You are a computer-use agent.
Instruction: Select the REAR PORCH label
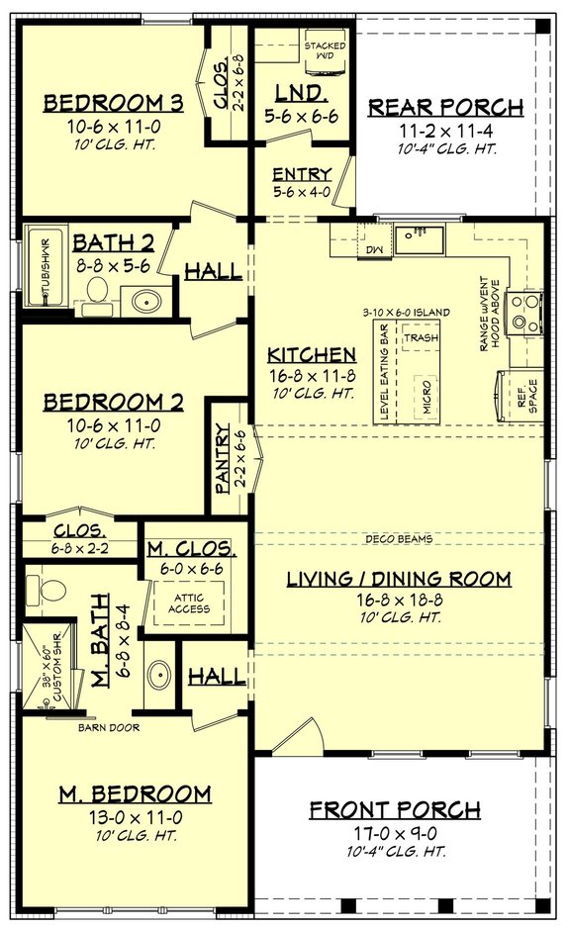(x=445, y=107)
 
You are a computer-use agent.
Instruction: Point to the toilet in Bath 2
(x=97, y=290)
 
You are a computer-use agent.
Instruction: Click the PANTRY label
(x=224, y=459)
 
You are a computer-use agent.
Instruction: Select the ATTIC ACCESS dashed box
(x=188, y=603)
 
